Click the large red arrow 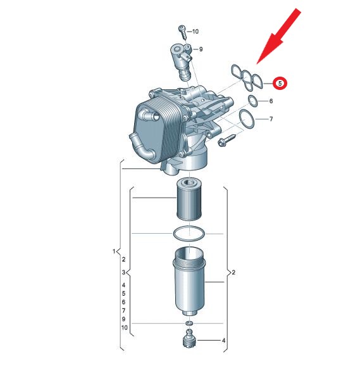tap(279, 36)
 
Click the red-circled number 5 tap(280, 84)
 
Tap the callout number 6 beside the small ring tap(271, 101)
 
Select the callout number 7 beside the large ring tap(271, 119)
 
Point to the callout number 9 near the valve tap(201, 49)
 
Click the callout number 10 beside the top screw tap(195, 31)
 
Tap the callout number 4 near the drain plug tap(223, 341)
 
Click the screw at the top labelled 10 tap(183, 32)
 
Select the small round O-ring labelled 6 tap(252, 101)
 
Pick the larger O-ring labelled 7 tap(247, 119)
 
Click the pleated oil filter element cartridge tap(189, 199)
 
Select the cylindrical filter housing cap tap(189, 281)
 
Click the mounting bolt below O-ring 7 tap(227, 141)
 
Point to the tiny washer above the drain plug tap(189, 323)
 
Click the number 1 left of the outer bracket tap(114, 251)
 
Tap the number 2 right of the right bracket tap(233, 272)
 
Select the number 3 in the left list tap(123, 272)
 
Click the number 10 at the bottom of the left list tap(125, 327)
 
